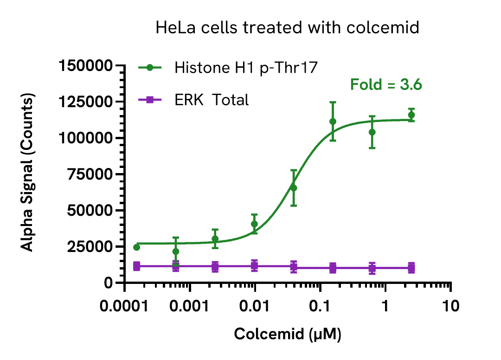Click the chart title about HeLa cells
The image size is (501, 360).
point(287,27)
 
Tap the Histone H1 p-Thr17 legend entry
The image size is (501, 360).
point(245,68)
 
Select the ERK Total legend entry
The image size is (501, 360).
point(212,99)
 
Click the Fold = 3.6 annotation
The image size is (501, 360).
point(386,85)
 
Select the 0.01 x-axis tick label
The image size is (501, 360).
point(255,307)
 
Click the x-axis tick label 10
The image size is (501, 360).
point(450,307)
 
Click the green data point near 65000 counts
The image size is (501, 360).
point(293,188)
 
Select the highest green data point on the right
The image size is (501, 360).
point(411,115)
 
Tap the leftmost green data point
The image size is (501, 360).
point(136,247)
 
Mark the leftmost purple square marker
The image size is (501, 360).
point(136,266)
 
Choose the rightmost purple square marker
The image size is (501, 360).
point(411,268)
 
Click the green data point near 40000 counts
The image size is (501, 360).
point(254,224)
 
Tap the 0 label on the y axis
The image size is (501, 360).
point(108,283)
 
